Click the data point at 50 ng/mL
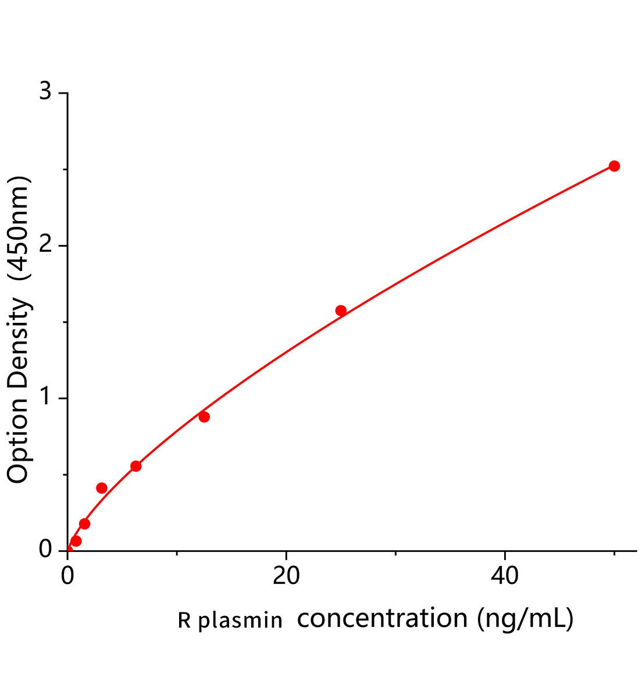614,166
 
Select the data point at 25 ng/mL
341,311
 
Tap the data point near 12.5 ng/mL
204,416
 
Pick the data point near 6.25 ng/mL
136,466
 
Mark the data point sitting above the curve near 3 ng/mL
102,487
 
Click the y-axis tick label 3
45,93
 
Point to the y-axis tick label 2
45,246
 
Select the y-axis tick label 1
45,398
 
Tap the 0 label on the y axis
45,550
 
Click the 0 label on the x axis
67,576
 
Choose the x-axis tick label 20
286,576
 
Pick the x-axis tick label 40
505,576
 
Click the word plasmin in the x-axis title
240,621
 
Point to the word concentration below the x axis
382,618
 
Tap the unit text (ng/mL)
525,618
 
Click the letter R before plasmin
184,621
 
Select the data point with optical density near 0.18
84,523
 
